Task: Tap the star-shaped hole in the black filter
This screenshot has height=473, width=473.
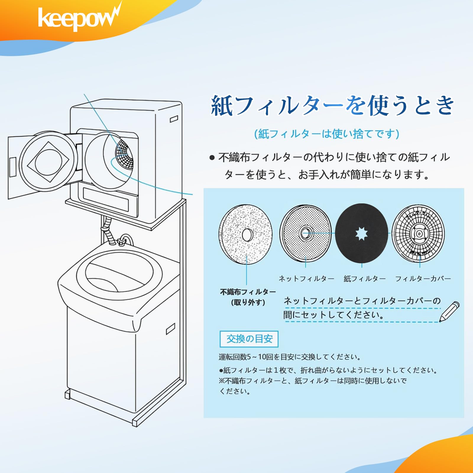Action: click(361, 234)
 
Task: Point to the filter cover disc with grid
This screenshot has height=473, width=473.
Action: click(418, 234)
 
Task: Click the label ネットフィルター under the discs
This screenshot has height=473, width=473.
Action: click(306, 278)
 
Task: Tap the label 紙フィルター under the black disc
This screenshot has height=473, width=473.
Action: click(365, 278)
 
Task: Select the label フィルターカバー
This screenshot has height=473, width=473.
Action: click(423, 278)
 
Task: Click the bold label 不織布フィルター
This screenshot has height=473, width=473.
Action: click(248, 292)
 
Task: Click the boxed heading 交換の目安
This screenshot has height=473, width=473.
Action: click(249, 339)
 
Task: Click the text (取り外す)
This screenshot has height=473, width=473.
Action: click(248, 302)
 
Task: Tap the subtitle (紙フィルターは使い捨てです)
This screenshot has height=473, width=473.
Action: click(327, 134)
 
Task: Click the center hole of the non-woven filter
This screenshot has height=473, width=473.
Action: click(247, 235)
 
